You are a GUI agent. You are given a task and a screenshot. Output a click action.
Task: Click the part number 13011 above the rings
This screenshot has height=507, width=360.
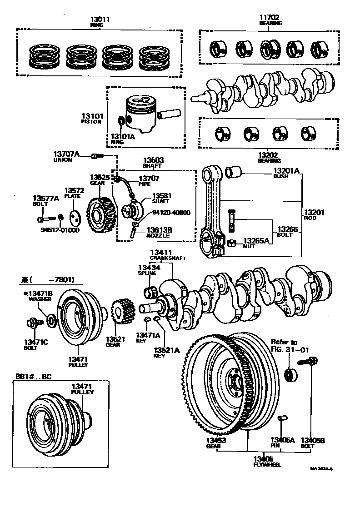[x=100, y=19]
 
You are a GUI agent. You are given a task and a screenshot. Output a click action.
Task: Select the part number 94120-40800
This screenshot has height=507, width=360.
[x=171, y=212]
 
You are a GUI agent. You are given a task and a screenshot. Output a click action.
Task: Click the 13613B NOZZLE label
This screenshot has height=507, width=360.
[x=159, y=233]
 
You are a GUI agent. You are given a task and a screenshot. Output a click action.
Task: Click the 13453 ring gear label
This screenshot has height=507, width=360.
[x=213, y=442]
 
